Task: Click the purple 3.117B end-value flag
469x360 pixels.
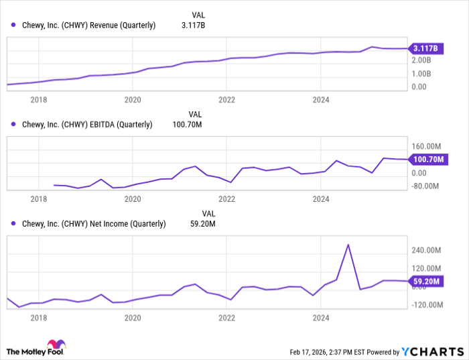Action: [425, 48]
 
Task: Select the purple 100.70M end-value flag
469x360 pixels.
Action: [427, 160]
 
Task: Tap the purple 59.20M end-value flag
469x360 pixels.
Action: [425, 282]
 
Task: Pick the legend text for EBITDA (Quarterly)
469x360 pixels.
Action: [87, 124]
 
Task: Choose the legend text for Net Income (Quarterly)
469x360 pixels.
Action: [94, 224]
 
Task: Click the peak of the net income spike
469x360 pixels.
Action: [348, 245]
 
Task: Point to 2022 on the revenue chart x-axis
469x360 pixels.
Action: [227, 99]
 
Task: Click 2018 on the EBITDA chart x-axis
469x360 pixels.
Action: [39, 199]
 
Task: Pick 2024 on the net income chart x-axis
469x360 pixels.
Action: [321, 317]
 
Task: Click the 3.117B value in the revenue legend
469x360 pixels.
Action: [194, 25]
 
